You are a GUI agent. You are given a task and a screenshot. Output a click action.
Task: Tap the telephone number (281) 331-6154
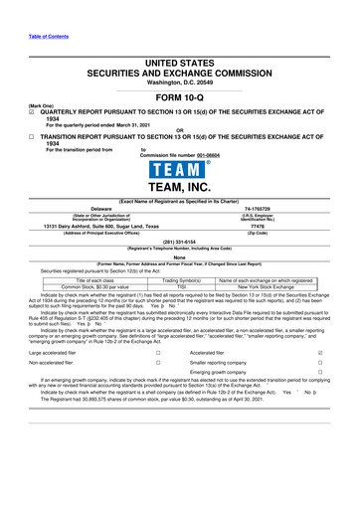coord(179,239)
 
